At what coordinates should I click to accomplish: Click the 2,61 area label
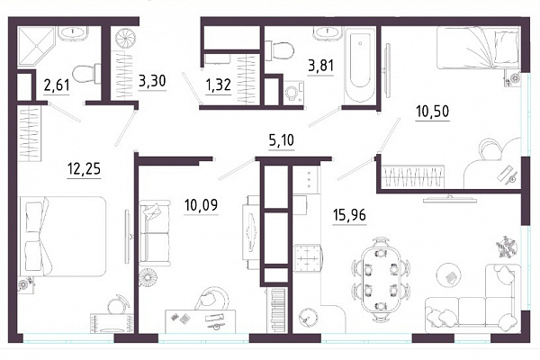[57, 85]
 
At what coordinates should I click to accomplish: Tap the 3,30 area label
[152, 81]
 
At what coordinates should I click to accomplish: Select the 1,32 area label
[219, 85]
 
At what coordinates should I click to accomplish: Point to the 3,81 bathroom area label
[321, 65]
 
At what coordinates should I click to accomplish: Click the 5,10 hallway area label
[282, 140]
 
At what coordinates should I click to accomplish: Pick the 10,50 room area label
[433, 112]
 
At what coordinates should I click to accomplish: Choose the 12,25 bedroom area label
[85, 169]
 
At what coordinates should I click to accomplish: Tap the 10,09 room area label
[201, 205]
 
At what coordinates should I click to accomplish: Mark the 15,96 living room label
[349, 215]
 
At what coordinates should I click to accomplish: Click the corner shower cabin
[36, 46]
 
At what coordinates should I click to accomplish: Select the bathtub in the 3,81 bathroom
[360, 65]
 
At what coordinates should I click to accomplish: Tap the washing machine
[293, 93]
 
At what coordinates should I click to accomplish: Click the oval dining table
[381, 280]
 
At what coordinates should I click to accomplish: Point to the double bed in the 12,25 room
[62, 237]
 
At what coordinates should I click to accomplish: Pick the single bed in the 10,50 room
[478, 49]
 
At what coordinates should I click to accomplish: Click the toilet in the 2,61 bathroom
[86, 74]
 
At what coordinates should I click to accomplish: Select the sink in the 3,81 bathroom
[327, 34]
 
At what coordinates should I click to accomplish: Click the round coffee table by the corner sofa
[449, 275]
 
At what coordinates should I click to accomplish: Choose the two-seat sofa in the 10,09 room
[155, 233]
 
